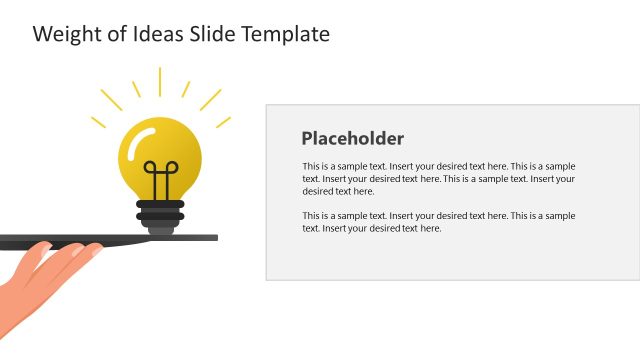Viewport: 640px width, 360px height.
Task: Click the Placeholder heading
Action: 352,139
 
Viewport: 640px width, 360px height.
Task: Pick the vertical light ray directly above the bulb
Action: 160,81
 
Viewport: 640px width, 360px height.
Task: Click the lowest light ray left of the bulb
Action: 99,122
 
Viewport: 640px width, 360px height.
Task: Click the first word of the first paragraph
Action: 310,166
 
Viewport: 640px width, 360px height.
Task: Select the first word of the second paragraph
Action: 310,216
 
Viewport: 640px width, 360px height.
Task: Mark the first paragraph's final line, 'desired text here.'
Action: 337,191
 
